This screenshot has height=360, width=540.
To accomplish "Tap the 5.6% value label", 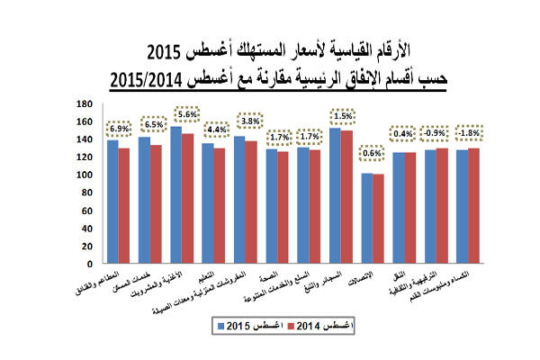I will [x=186, y=114].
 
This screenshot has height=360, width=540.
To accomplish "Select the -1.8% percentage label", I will [x=469, y=133].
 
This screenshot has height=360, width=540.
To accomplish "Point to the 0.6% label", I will [x=372, y=153].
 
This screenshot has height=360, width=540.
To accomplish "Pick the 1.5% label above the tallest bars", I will [x=340, y=116].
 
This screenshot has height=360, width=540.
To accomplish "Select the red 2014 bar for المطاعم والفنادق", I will [x=123, y=206].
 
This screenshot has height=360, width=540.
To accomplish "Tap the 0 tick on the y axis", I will [x=87, y=265].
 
